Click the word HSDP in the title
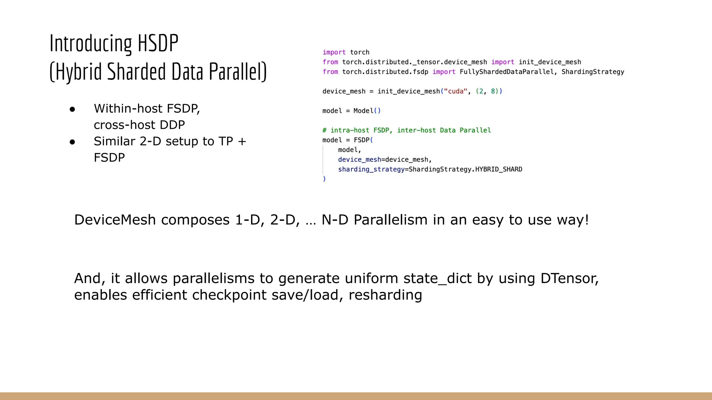158,43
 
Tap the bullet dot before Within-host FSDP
72,109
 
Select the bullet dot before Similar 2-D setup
72,142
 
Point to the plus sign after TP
242,142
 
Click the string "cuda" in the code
455,91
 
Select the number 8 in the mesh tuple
493,91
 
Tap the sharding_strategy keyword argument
371,169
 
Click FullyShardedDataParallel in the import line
507,72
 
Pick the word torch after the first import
359,52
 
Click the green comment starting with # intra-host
406,130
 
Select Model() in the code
367,111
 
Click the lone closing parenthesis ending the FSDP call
324,179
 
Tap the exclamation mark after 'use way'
586,220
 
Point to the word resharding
385,295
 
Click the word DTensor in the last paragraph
569,278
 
